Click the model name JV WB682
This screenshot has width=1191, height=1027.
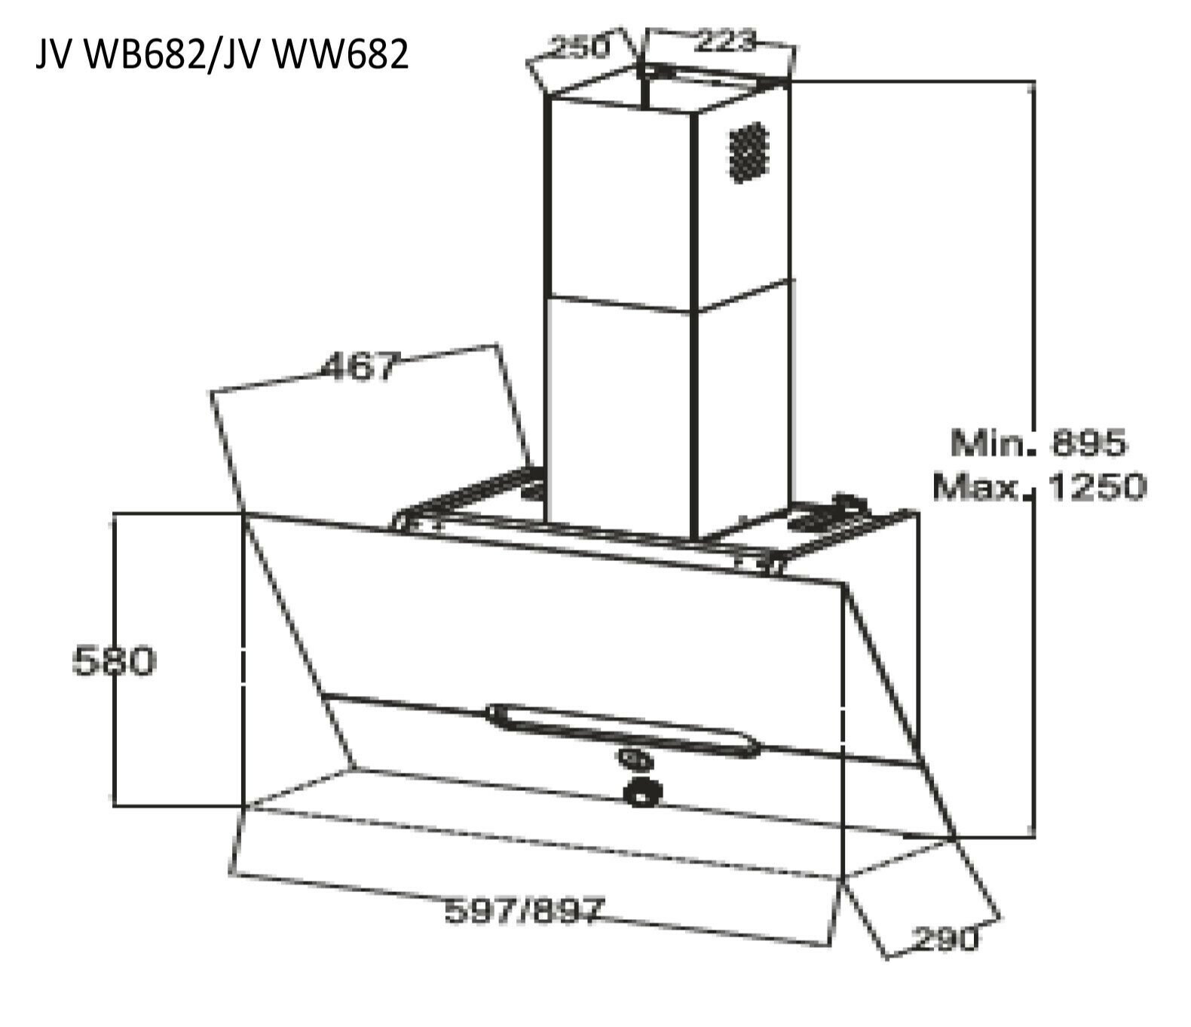pos(121,54)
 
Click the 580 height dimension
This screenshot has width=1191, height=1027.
pos(114,661)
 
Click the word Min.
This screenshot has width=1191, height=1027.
pos(989,443)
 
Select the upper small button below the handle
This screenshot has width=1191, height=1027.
pos(630,756)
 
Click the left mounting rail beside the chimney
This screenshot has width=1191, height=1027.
pos(467,498)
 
